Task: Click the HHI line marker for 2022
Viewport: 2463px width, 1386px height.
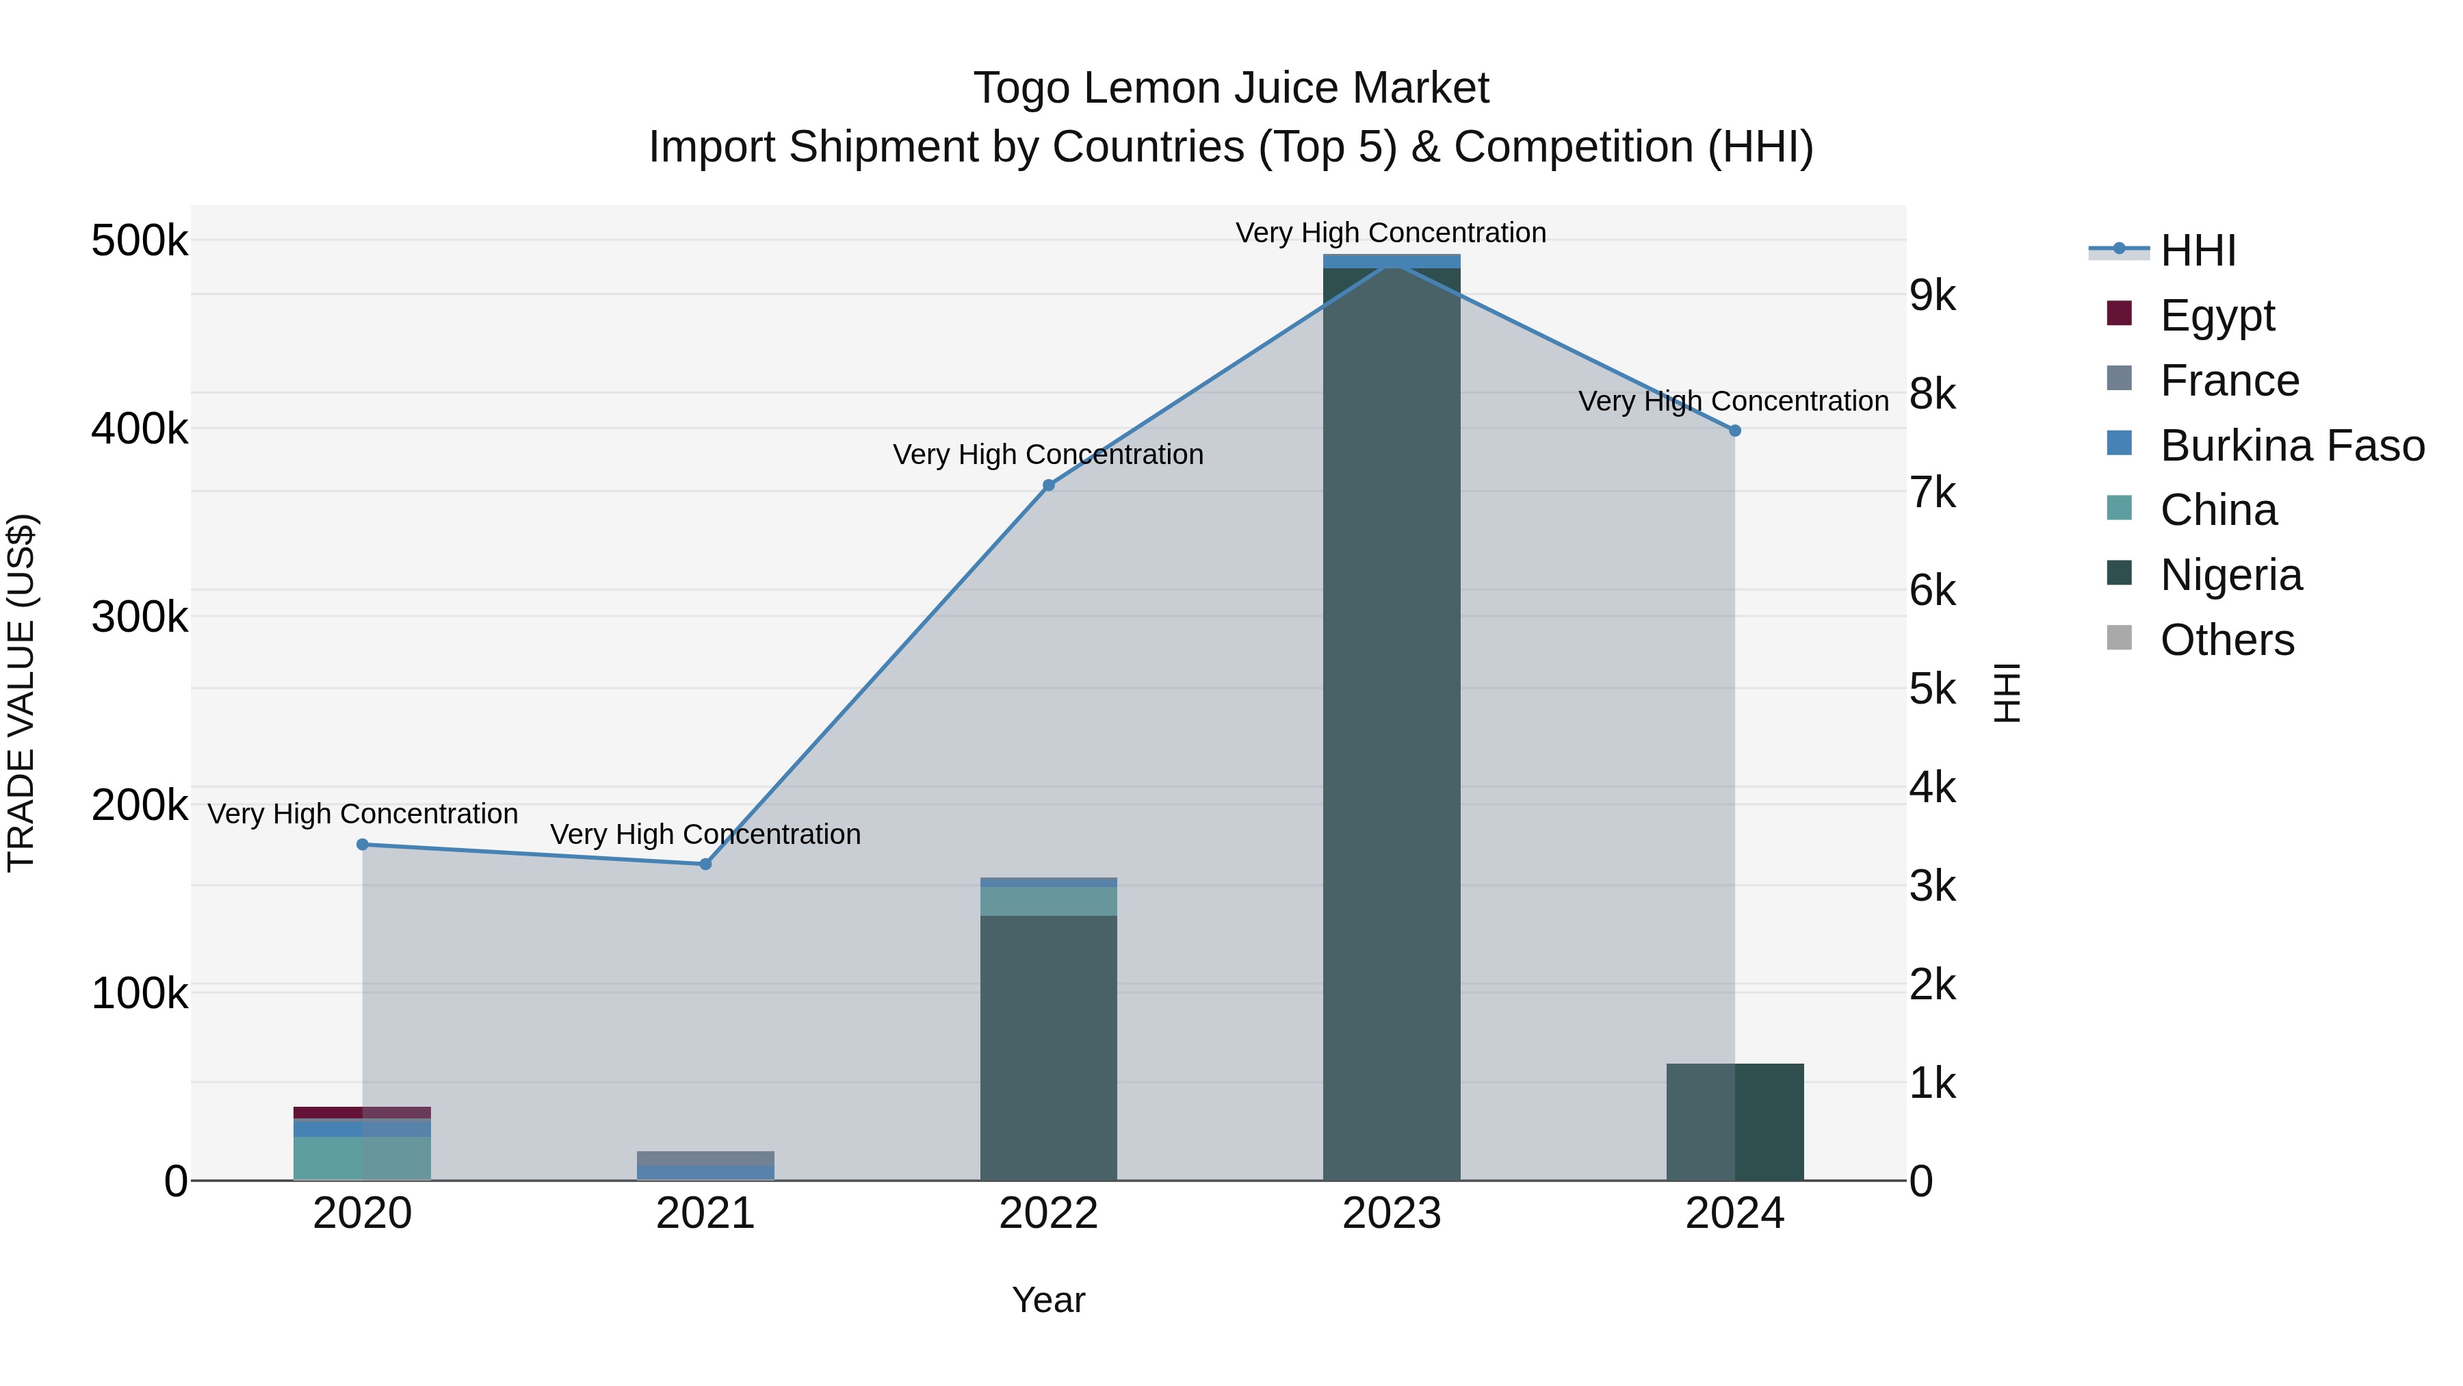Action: pyautogui.click(x=1048, y=485)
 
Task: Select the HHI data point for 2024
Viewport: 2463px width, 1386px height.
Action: pyautogui.click(x=1734, y=431)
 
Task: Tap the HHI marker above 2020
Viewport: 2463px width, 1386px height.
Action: pyautogui.click(x=363, y=844)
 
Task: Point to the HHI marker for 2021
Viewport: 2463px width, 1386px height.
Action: pyautogui.click(x=705, y=864)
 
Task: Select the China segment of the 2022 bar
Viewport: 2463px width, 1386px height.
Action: pyautogui.click(x=1048, y=901)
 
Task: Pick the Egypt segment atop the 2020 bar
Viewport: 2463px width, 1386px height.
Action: pyautogui.click(x=363, y=1112)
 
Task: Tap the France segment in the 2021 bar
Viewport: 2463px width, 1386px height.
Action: pyautogui.click(x=705, y=1157)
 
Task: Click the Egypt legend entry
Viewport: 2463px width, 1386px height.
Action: pyautogui.click(x=2216, y=316)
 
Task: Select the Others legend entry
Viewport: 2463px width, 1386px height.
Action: pyautogui.click(x=2226, y=640)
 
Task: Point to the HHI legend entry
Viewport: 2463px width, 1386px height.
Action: pyautogui.click(x=2197, y=251)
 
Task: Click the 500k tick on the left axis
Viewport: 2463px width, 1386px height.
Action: pyautogui.click(x=140, y=241)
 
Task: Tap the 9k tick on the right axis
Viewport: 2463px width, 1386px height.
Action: pyautogui.click(x=1932, y=296)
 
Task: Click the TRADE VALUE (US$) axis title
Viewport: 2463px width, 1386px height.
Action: pyautogui.click(x=21, y=693)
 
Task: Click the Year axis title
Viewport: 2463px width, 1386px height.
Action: pyautogui.click(x=1048, y=1300)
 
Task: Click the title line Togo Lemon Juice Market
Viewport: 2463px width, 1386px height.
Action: pyautogui.click(x=1231, y=88)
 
